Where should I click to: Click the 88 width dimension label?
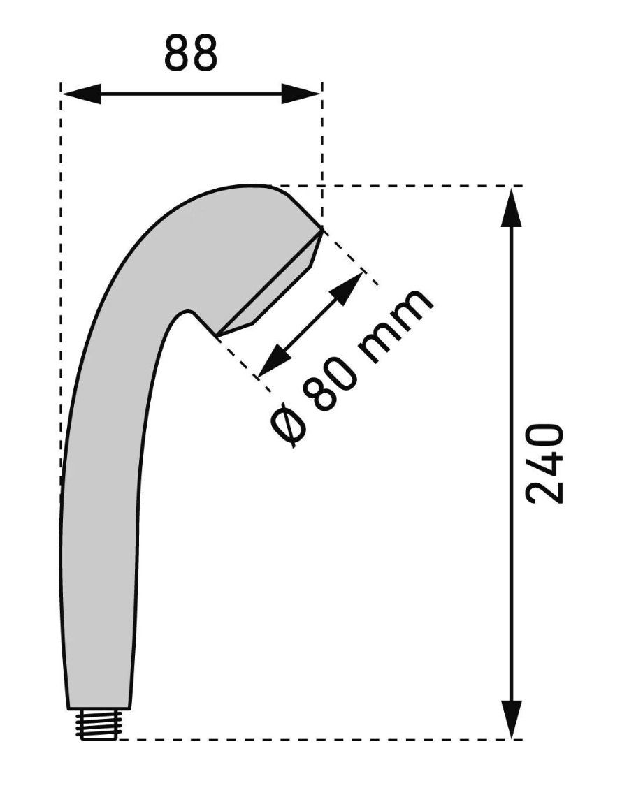click(x=191, y=54)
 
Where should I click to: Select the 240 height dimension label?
click(x=545, y=463)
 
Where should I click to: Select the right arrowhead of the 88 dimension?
click(x=301, y=94)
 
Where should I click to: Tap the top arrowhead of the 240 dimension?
click(x=512, y=207)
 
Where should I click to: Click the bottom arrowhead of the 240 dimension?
click(x=512, y=720)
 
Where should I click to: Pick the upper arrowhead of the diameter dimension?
click(x=347, y=288)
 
